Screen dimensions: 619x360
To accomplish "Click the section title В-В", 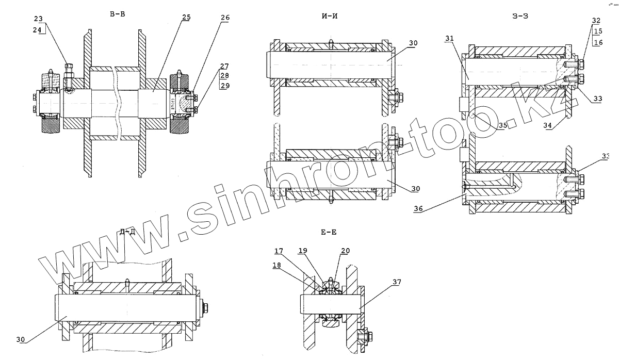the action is [117, 14].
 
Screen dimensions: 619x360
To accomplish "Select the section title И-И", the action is [329, 17].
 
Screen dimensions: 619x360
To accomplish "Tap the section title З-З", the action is [520, 16].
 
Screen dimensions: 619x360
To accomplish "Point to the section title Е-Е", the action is [329, 233].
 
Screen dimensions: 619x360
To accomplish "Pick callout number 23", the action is [39, 19].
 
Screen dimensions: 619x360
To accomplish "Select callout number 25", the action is [186, 17].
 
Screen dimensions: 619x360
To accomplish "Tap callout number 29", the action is [224, 86].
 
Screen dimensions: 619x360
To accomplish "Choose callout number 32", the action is [596, 21].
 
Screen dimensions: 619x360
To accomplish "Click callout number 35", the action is [502, 125].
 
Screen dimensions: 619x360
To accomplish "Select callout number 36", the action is [419, 209].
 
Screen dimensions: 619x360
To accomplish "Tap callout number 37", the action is [396, 282].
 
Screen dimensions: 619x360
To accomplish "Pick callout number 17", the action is [279, 251].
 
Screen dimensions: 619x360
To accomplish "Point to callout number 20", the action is [345, 251].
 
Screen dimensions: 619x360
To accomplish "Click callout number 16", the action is [597, 42].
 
